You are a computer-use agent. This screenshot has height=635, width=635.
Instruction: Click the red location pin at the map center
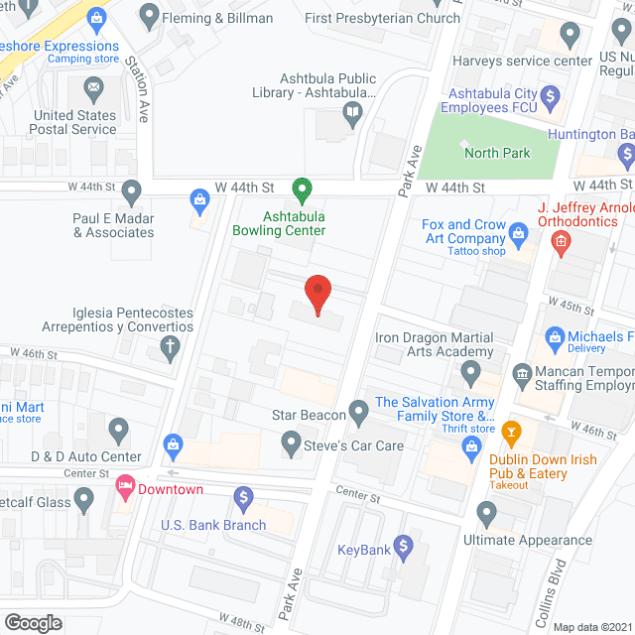[x=317, y=294]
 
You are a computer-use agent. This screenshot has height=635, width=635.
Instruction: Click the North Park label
[x=497, y=153]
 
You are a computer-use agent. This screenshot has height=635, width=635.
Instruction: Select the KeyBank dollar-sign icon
[x=403, y=545]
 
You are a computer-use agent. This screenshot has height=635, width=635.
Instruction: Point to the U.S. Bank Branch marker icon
[x=244, y=496]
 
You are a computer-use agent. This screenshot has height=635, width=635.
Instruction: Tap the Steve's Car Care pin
[x=291, y=442]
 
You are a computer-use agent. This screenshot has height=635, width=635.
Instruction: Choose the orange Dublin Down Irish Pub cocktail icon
[x=511, y=432]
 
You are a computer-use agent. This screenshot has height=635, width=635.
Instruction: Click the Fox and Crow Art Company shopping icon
[x=518, y=235]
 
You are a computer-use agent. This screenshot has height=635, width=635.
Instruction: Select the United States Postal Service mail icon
[x=93, y=91]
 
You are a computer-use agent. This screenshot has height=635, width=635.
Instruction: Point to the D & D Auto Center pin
[x=118, y=431]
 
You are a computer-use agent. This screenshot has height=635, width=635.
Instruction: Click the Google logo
[x=33, y=622]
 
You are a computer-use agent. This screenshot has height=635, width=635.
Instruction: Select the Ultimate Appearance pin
[x=486, y=513]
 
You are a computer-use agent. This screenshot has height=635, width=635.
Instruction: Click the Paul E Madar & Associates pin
[x=130, y=190]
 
